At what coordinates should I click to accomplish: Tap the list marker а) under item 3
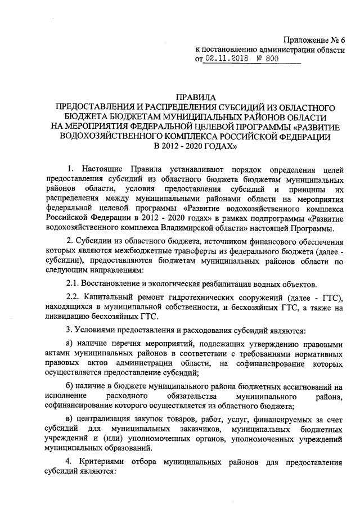[70, 343]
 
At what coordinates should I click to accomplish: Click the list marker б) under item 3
[70, 387]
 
